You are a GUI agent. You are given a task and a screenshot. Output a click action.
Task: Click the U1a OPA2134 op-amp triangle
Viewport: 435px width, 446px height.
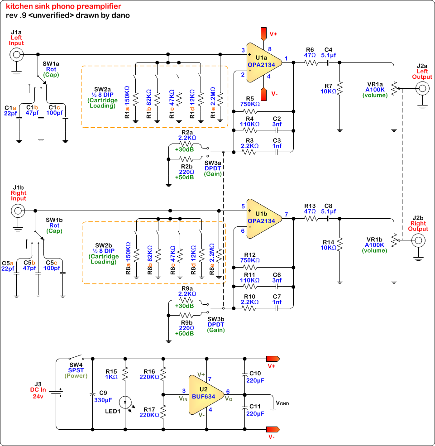[263, 62]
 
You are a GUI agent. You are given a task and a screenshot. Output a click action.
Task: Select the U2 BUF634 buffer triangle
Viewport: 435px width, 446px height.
[205, 394]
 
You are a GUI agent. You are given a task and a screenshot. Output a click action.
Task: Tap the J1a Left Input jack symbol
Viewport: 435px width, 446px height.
[16, 55]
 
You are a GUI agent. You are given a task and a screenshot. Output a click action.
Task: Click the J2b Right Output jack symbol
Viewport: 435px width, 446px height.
[418, 240]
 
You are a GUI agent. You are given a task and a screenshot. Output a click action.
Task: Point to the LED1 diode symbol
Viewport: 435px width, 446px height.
[125, 403]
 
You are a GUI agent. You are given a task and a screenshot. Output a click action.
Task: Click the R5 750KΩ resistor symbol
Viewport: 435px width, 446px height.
[250, 111]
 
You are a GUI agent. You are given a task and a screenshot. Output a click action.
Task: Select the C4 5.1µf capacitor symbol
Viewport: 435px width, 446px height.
[328, 62]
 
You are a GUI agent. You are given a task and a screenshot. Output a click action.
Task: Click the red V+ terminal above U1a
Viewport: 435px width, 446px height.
[263, 34]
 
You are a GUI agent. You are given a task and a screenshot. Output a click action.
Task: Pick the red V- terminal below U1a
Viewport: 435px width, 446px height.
[263, 94]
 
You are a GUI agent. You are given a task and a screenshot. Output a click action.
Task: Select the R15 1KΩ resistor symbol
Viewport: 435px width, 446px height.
[125, 374]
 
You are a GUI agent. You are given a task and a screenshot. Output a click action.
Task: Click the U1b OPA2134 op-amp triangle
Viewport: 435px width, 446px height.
[263, 219]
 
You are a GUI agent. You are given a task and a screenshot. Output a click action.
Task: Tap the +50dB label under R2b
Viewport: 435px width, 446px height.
[185, 177]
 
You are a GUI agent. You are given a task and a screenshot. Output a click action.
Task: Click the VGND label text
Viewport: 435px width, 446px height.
[282, 403]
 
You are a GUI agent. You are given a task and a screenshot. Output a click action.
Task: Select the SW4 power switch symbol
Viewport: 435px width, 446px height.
[76, 357]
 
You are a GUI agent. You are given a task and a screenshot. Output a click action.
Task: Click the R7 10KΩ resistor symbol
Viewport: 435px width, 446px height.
[339, 88]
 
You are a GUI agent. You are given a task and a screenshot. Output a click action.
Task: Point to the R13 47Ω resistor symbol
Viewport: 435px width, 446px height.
[311, 218]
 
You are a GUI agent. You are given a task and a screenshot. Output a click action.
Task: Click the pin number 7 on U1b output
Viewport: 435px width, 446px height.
[287, 215]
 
